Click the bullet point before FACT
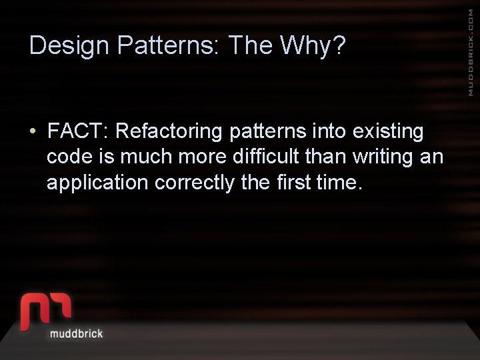[x=33, y=131]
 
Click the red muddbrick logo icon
[x=45, y=309]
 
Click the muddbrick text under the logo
[x=77, y=333]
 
